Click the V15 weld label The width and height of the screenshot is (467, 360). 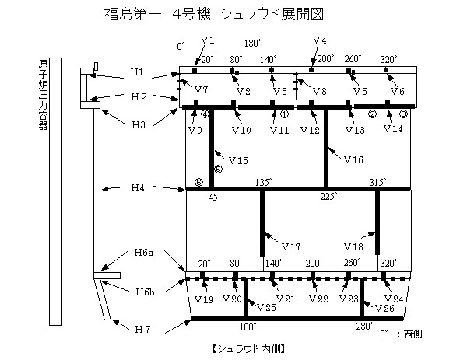tap(238, 161)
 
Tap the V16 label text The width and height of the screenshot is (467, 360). tap(353, 159)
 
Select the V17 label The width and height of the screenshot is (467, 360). tap(291, 246)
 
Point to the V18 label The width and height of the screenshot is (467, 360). tap(353, 246)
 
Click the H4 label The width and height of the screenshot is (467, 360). tap(138, 187)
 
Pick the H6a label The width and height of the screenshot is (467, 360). tap(144, 253)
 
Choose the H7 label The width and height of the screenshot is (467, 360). tap(142, 330)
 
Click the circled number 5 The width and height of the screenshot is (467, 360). tap(218, 170)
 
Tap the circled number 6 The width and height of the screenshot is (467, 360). tap(198, 182)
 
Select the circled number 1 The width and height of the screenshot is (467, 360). tap(284, 114)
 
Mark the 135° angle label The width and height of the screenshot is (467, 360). tap(264, 182)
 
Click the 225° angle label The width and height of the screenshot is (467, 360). tap(328, 197)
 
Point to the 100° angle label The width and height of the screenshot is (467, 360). tap(248, 327)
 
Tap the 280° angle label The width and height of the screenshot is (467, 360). tap(364, 327)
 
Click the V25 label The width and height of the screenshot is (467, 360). tap(266, 307)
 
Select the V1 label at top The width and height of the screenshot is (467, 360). tap(208, 40)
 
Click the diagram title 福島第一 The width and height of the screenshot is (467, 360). tap(133, 14)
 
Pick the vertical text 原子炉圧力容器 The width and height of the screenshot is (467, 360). tap(43, 95)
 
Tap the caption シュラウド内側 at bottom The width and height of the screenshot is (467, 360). tap(249, 348)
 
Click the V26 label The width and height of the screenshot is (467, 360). tap(384, 308)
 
